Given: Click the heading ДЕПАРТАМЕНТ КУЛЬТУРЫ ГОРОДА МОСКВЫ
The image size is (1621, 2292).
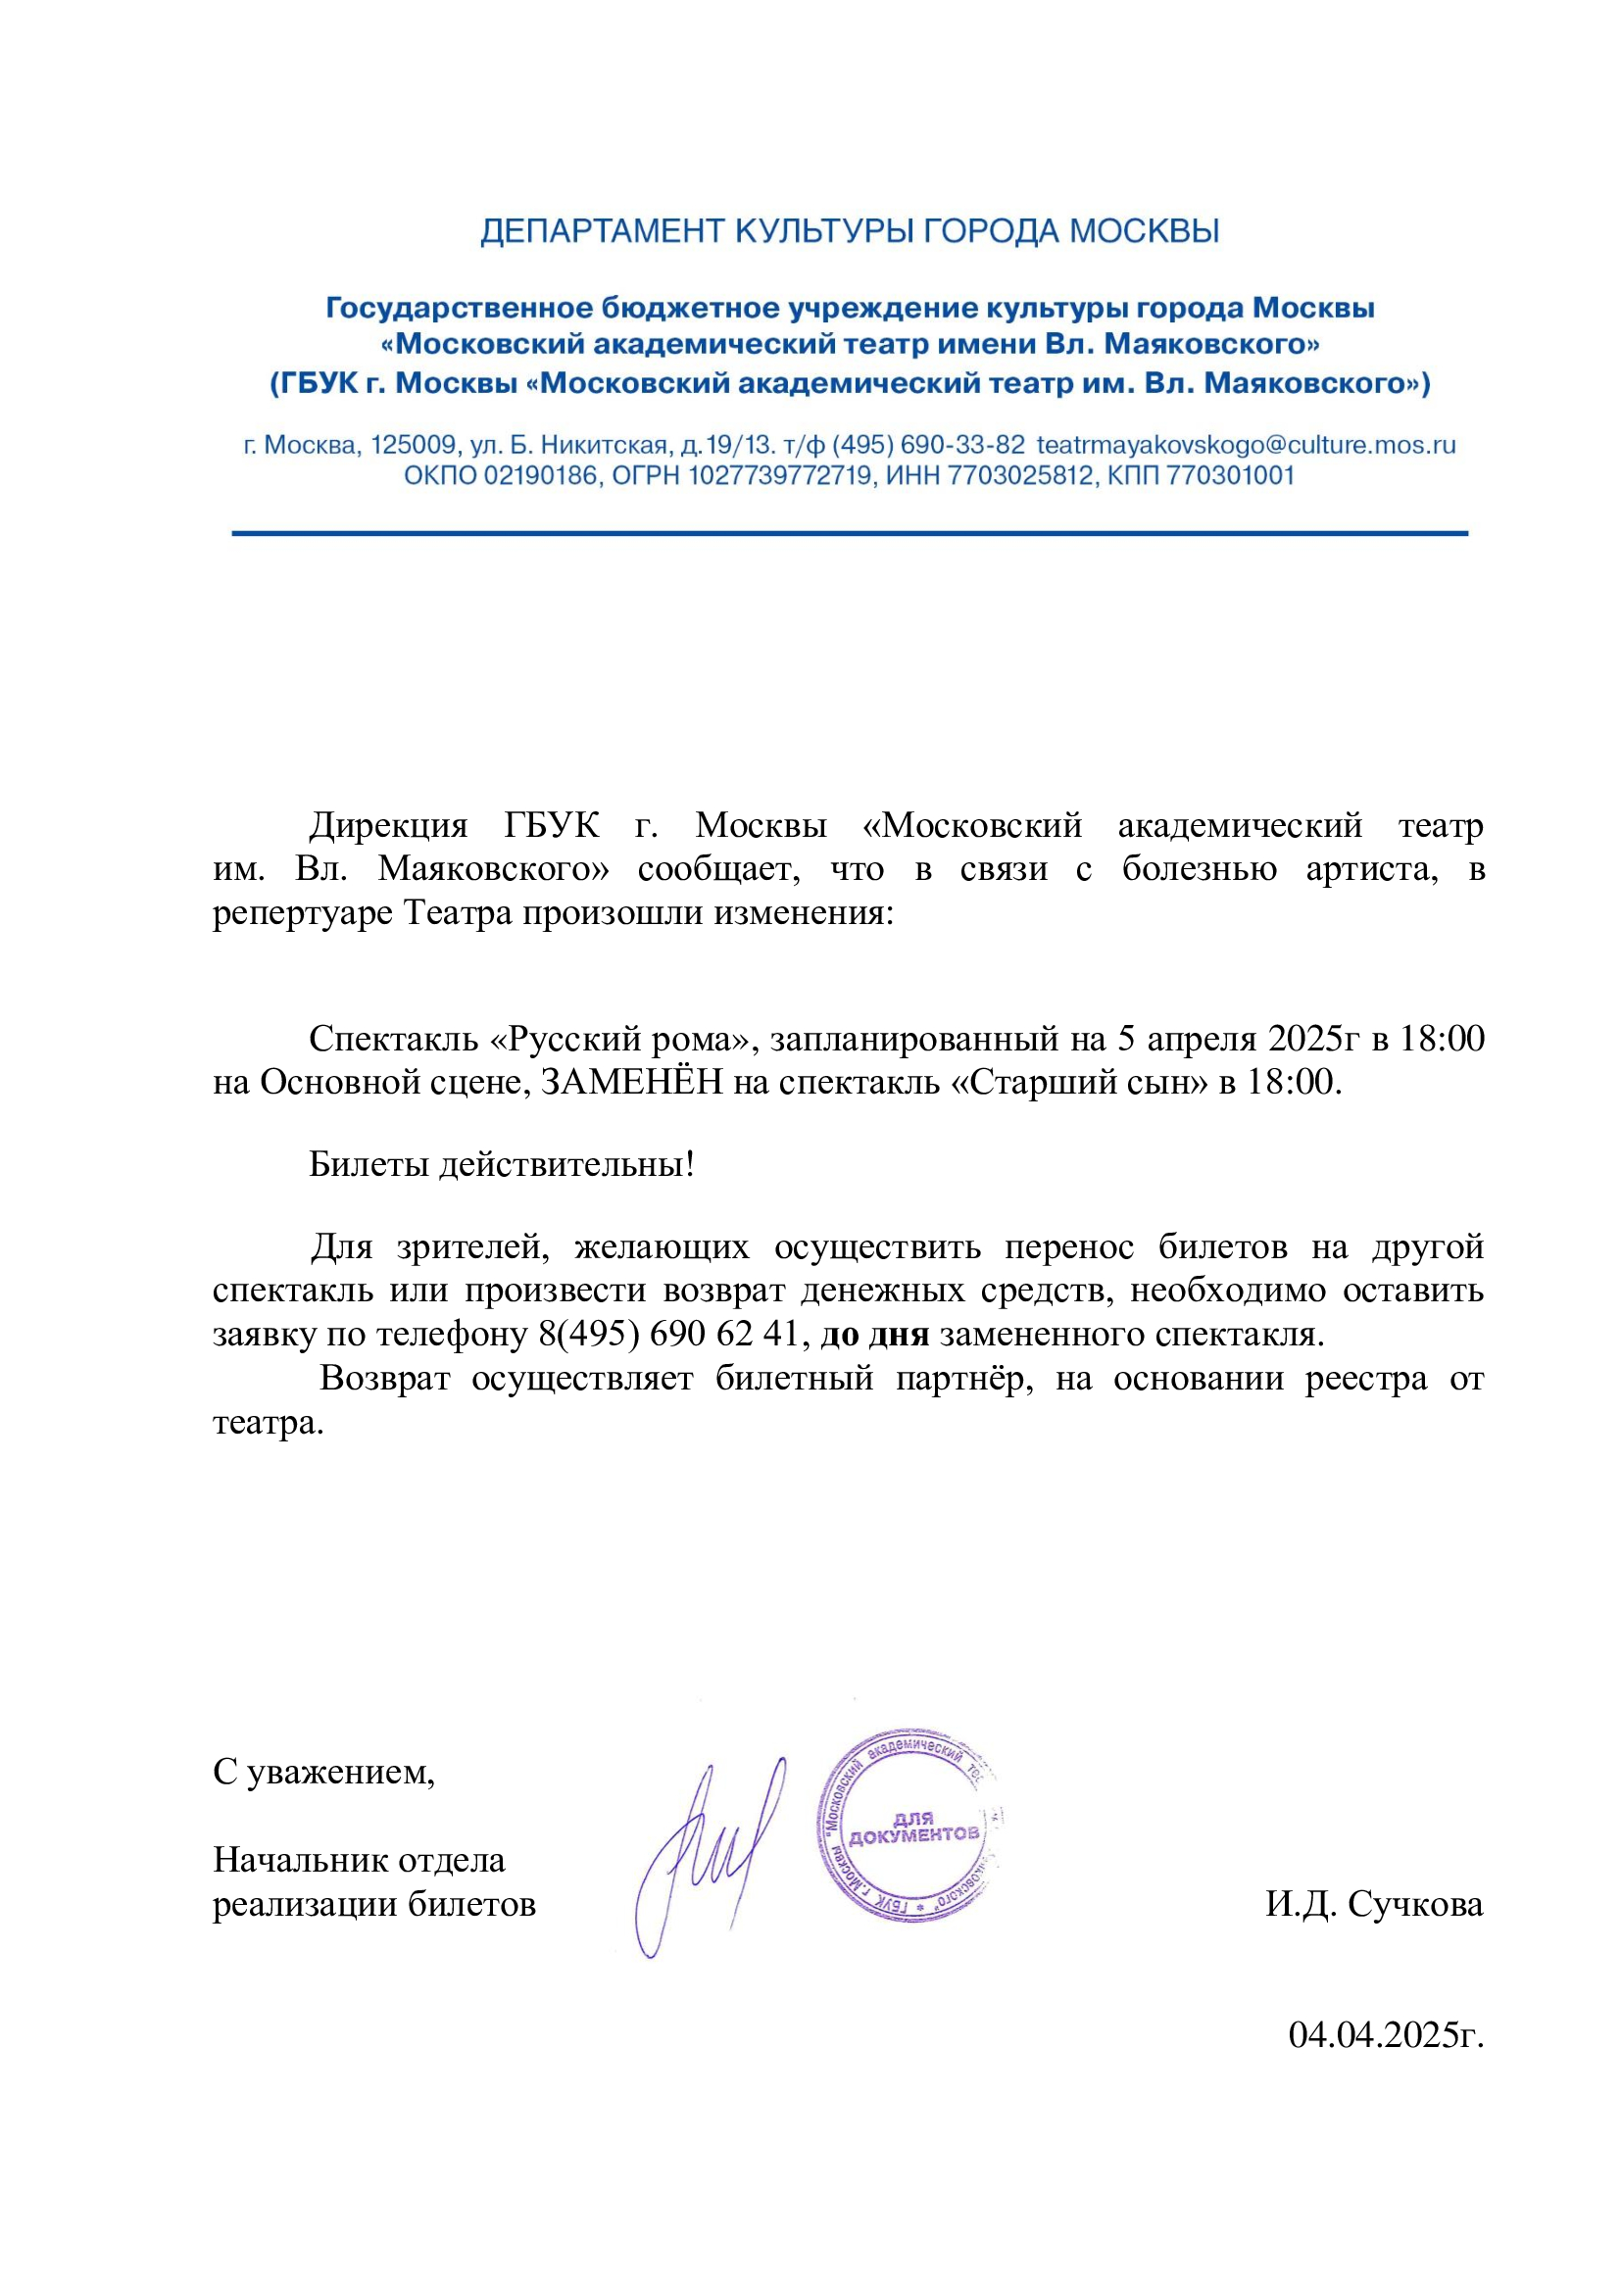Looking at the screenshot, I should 850,231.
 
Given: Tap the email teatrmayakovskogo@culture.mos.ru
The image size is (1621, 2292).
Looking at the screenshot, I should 1246,445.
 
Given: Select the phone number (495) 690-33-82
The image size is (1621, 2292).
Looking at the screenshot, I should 928,445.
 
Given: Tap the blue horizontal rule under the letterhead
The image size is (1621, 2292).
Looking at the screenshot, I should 850,534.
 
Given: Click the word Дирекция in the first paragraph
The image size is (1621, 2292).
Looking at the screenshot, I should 387,825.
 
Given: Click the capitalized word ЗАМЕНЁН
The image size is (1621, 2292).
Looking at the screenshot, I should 631,1083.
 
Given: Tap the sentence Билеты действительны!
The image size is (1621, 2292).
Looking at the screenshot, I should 501,1164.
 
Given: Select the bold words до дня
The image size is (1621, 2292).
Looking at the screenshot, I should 874,1335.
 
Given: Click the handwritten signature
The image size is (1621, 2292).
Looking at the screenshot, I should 709,1857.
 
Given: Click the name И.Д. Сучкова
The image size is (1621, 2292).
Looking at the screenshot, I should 1374,1905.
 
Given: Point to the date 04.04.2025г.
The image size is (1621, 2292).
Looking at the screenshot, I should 1386,2034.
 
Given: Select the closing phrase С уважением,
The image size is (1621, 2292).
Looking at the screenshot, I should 324,1773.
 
